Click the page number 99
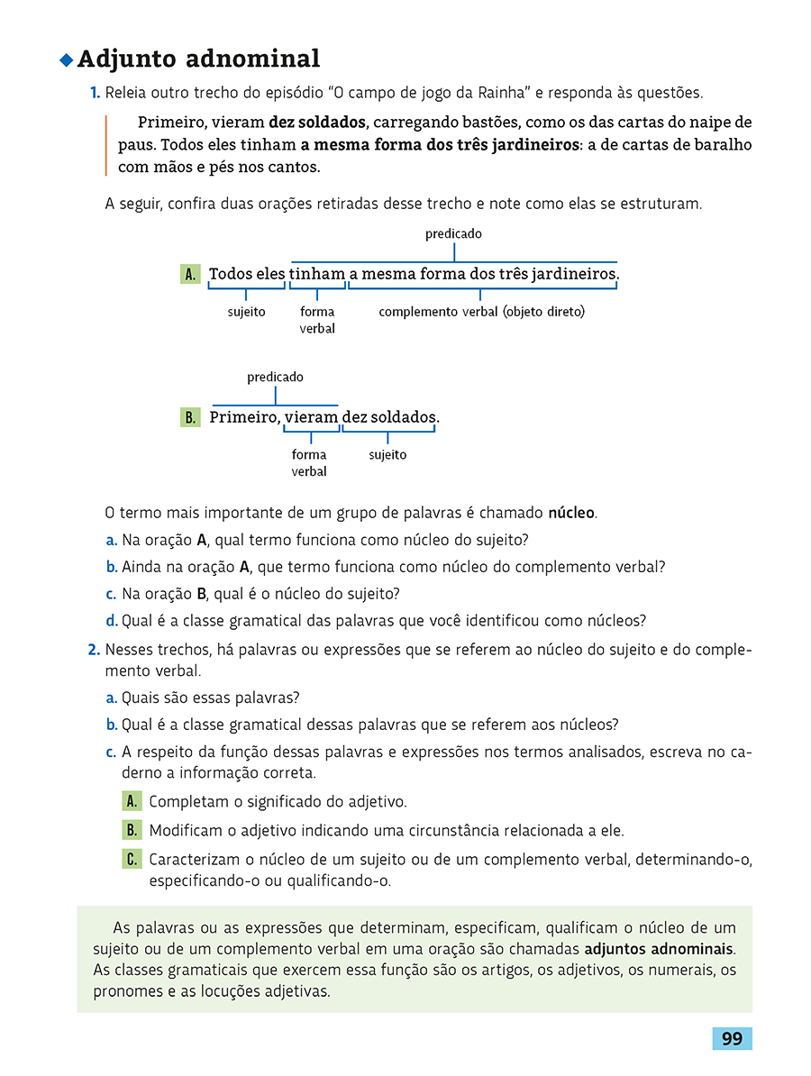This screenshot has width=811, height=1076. click(x=732, y=1039)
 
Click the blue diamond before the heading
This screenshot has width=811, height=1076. click(x=65, y=60)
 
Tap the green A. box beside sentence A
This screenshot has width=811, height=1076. click(x=190, y=274)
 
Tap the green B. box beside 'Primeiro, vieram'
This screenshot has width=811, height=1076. click(x=190, y=417)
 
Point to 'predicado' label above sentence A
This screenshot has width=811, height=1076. click(x=453, y=233)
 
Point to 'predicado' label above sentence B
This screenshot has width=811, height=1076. click(x=275, y=377)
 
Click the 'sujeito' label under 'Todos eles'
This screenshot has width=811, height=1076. click(x=246, y=312)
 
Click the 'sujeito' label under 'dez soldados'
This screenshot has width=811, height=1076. click(x=387, y=455)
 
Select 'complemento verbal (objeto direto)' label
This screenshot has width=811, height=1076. click(x=481, y=312)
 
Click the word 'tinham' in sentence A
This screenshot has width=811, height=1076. click(x=317, y=274)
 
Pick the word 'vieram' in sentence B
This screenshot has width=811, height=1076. click(x=311, y=417)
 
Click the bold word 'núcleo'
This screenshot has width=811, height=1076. click(x=571, y=514)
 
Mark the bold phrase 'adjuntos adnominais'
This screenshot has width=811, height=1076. click(x=659, y=949)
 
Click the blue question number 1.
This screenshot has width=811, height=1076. click(x=94, y=93)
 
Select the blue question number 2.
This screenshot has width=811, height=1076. click(x=94, y=650)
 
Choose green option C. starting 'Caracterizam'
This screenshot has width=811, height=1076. click(x=132, y=859)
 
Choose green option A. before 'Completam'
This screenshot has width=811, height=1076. click(x=132, y=801)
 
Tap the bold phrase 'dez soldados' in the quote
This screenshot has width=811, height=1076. click(x=317, y=123)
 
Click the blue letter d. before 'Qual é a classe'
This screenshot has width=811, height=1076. click(x=112, y=621)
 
